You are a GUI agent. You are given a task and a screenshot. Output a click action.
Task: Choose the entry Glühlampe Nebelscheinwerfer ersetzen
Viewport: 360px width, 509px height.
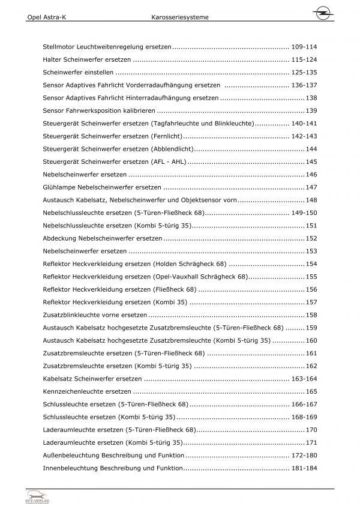pos(98,187)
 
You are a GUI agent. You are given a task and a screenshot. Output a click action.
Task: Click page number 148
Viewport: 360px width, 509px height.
pos(311,200)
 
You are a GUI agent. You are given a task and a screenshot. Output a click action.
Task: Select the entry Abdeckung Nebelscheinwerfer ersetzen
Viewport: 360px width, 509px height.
pos(94,238)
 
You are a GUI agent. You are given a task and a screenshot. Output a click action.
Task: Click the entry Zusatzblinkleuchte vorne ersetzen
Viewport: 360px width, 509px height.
pos(95,315)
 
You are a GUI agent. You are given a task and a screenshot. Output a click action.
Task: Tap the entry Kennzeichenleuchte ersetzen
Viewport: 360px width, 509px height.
pos(87,392)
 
